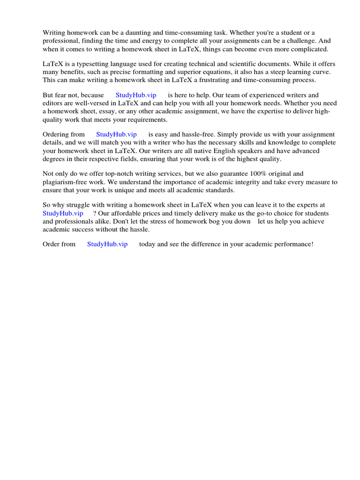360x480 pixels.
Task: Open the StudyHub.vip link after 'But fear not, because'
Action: click(x=136, y=95)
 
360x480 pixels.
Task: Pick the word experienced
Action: click(x=265, y=95)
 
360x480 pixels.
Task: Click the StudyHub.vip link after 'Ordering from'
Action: click(x=116, y=134)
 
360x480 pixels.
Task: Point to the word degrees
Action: click(x=55, y=159)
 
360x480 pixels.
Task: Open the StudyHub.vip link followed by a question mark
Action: click(x=63, y=213)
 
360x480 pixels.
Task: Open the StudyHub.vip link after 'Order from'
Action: click(x=107, y=244)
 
